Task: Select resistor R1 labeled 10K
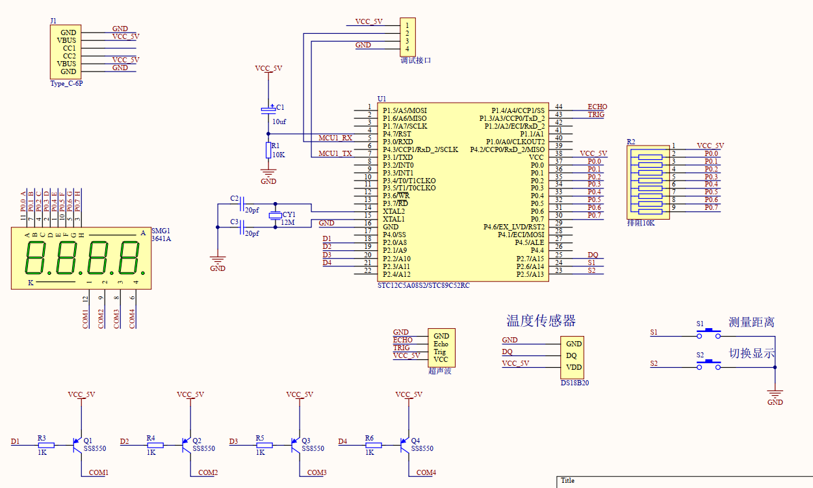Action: (x=268, y=150)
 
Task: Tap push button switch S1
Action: (x=709, y=333)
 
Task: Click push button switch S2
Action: (x=709, y=364)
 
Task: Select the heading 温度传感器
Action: (x=541, y=321)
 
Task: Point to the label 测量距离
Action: (x=751, y=322)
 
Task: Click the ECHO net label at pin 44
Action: (x=597, y=107)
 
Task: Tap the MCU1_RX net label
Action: (x=335, y=138)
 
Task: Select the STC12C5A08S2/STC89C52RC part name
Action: (x=423, y=285)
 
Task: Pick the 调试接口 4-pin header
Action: (x=407, y=36)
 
